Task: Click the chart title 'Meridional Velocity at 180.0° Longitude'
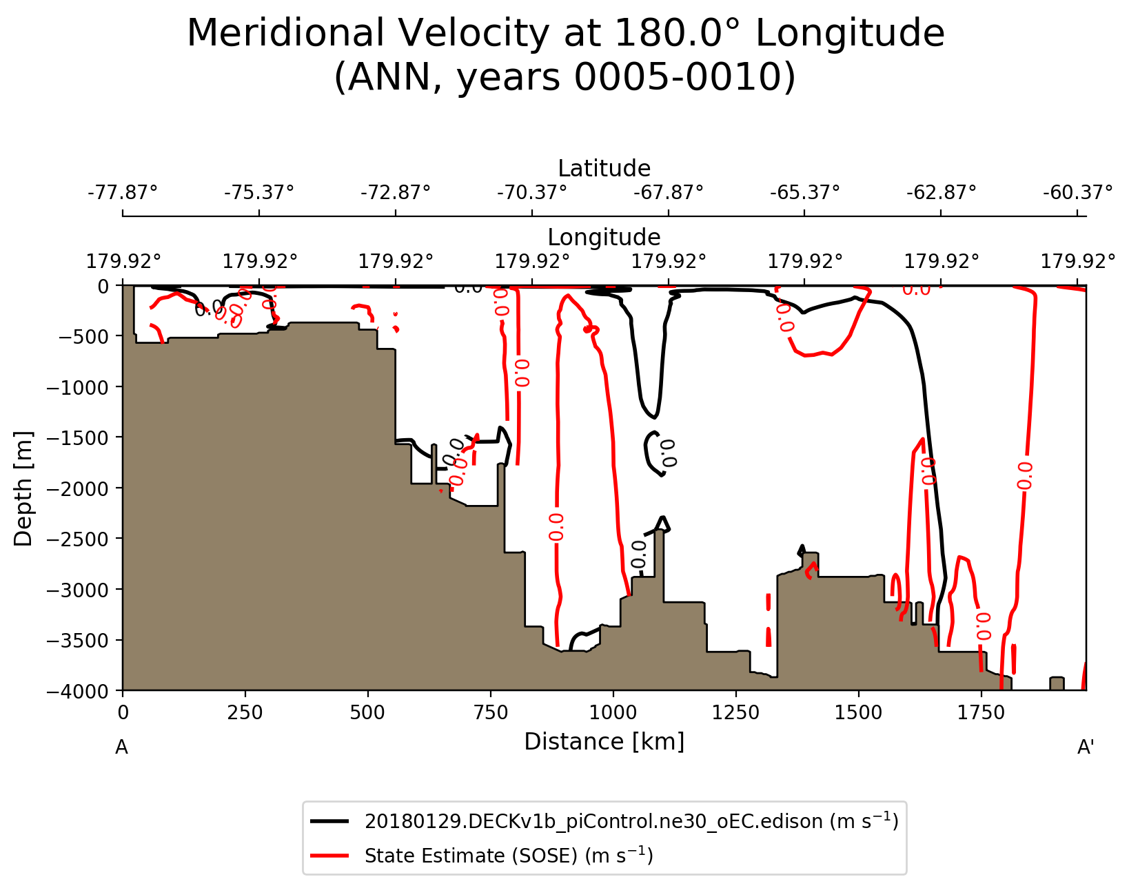[x=565, y=33]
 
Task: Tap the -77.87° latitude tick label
[x=123, y=192]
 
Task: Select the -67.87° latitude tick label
[x=668, y=192]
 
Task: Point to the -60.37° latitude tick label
[x=1077, y=192]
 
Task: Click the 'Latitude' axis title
[x=604, y=168]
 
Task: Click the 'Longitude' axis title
[x=604, y=237]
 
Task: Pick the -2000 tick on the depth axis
[x=79, y=488]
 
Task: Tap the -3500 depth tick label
[x=79, y=640]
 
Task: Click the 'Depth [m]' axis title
[x=23, y=488]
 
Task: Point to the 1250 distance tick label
[x=735, y=712]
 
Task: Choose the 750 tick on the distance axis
[x=490, y=712]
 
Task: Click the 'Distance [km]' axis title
[x=604, y=741]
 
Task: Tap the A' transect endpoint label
[x=1086, y=747]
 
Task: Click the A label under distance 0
[x=121, y=747]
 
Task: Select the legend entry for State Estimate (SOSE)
[x=509, y=856]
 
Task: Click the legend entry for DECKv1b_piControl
[x=631, y=821]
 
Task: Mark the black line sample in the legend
[x=333, y=821]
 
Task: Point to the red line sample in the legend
[x=333, y=856]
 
